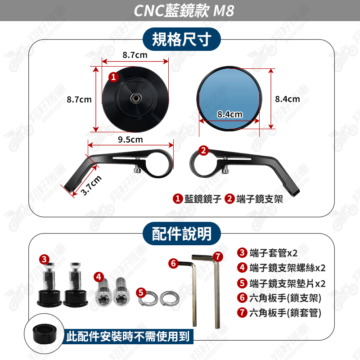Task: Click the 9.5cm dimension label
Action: coord(130,139)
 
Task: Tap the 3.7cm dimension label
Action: coord(91,185)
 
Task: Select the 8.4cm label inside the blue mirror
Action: coord(230,114)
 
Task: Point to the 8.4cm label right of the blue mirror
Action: coord(288,99)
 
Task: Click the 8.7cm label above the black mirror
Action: coord(135,55)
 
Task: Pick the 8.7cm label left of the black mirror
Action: coord(79,99)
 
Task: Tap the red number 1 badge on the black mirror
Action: coord(113,77)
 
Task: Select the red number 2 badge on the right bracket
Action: coord(203,151)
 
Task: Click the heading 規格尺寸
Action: coord(182,40)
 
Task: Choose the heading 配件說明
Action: coord(182,234)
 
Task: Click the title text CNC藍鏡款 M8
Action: coord(184,10)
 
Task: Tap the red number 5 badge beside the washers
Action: coord(141,292)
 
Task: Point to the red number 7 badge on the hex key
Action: coord(218,256)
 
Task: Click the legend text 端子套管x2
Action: coord(273,253)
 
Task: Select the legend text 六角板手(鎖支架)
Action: coord(285,298)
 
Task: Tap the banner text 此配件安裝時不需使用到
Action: coord(128,337)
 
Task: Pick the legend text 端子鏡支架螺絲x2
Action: coord(288,268)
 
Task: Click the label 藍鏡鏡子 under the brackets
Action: coord(203,199)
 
